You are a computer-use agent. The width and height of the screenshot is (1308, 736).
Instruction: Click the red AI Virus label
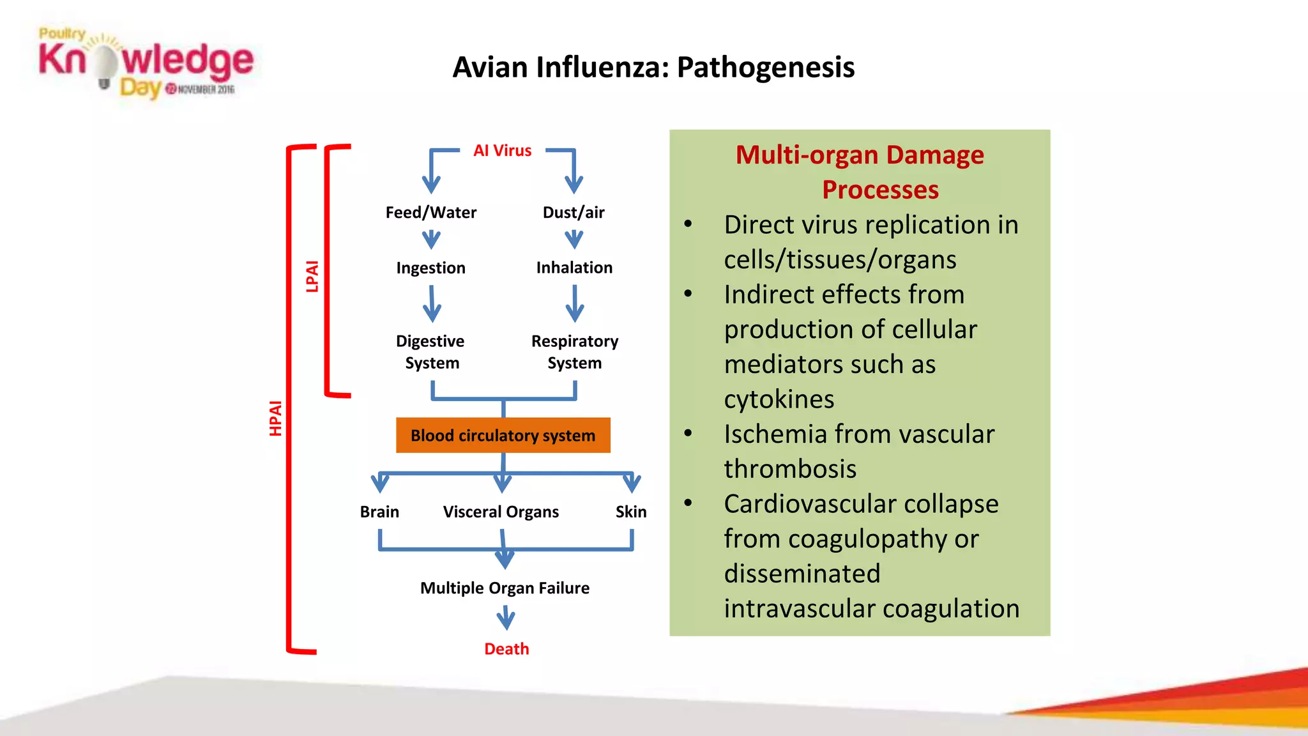pyautogui.click(x=502, y=151)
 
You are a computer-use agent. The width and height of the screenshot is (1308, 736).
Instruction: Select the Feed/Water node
pyautogui.click(x=430, y=212)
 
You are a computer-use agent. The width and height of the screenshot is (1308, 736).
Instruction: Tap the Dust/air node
pyautogui.click(x=574, y=212)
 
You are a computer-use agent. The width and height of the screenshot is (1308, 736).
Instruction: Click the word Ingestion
pyautogui.click(x=430, y=268)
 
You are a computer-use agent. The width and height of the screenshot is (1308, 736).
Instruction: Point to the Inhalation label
pyautogui.click(x=574, y=268)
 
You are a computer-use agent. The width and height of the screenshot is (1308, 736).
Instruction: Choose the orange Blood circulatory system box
pyautogui.click(x=503, y=435)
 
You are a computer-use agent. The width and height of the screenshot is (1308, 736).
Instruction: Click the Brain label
pyautogui.click(x=379, y=512)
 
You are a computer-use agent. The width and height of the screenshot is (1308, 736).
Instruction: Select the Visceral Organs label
pyautogui.click(x=501, y=512)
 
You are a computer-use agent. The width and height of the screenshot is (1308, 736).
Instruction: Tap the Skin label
pyautogui.click(x=631, y=512)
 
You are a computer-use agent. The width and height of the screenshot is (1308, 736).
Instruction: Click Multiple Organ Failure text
pyautogui.click(x=505, y=588)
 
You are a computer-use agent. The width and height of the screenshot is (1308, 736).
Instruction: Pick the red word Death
pyautogui.click(x=506, y=648)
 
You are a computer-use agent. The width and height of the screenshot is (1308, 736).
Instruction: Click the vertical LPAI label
pyautogui.click(x=312, y=276)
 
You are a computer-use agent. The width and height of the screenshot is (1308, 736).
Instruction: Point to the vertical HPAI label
pyautogui.click(x=275, y=418)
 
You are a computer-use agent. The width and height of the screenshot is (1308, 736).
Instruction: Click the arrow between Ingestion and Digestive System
pyautogui.click(x=432, y=304)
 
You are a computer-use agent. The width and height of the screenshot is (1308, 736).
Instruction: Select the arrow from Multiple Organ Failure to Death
pyautogui.click(x=506, y=618)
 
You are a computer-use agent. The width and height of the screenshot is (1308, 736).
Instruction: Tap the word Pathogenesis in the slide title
pyautogui.click(x=765, y=67)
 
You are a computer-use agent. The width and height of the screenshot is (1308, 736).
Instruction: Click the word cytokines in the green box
pyautogui.click(x=779, y=399)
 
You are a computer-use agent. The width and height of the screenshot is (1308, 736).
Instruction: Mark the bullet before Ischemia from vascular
pyautogui.click(x=688, y=433)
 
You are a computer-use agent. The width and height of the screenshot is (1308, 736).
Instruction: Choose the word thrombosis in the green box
pyautogui.click(x=790, y=469)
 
